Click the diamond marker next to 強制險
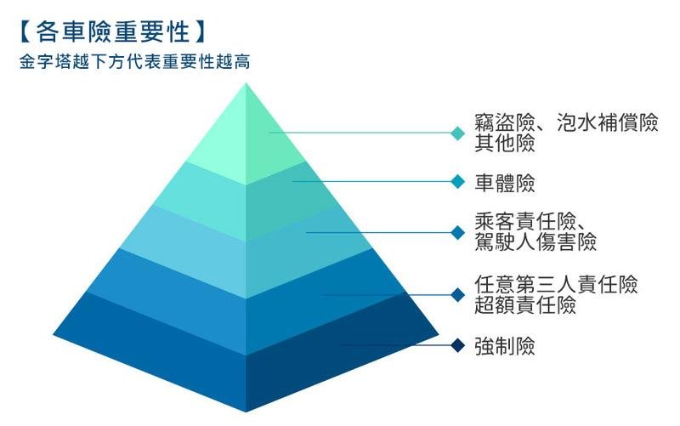point(458,345)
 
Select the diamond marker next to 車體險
point(458,182)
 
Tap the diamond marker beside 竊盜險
point(458,133)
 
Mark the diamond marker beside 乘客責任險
point(458,232)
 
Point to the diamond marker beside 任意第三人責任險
point(458,294)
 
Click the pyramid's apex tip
point(246,84)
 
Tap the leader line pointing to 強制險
point(395,345)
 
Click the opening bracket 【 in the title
point(24,31)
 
